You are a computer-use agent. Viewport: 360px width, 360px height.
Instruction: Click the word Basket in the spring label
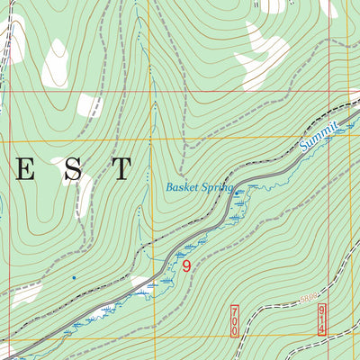point(182,188)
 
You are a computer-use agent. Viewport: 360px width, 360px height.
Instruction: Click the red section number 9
point(185,266)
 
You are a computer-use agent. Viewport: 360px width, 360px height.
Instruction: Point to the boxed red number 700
point(235,319)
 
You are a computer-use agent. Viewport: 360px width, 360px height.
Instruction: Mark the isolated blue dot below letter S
point(74,277)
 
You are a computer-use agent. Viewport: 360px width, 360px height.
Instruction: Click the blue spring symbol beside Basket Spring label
point(237,193)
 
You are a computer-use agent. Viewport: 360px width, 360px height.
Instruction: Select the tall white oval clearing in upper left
point(55,63)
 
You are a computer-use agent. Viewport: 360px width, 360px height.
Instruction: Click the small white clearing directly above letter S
point(89,105)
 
